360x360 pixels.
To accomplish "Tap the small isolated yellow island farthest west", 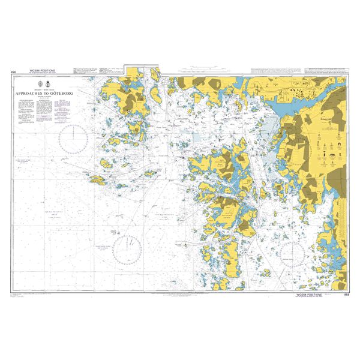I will coord(96,178).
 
